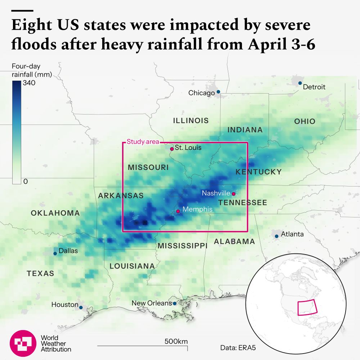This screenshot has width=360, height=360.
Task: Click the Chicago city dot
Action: [x=218, y=92]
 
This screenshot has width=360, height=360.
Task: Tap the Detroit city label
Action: [x=314, y=87]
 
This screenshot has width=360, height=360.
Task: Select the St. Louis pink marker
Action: [x=172, y=149]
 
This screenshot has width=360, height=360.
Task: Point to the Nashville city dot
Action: [x=234, y=194]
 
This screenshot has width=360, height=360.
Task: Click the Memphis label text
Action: [x=197, y=209]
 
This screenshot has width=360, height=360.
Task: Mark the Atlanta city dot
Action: [x=276, y=236]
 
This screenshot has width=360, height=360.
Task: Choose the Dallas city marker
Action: [x=55, y=253]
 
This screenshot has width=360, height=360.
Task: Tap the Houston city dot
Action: [x=81, y=307]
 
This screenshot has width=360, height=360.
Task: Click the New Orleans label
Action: [x=152, y=303]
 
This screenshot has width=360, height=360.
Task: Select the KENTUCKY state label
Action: [x=258, y=172]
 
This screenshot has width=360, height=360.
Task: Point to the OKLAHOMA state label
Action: [x=55, y=213]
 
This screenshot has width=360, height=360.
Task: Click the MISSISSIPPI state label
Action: [x=182, y=246]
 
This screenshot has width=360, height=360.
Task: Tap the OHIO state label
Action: [x=305, y=121]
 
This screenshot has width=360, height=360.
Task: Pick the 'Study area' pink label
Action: [x=143, y=142]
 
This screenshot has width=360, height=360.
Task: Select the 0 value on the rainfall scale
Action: [x=25, y=181]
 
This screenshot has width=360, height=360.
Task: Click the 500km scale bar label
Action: [x=176, y=341]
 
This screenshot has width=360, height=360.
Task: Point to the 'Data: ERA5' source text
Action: [x=238, y=348]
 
